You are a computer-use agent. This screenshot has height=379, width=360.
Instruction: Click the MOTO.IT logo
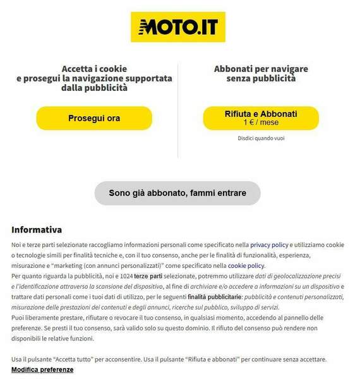[177, 27]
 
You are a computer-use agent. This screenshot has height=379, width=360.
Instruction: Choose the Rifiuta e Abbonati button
[260, 117]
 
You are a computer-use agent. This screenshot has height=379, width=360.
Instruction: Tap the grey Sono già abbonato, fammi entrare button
[177, 193]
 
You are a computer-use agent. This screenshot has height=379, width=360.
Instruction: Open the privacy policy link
[269, 244]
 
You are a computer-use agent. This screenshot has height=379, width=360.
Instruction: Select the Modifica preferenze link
[42, 370]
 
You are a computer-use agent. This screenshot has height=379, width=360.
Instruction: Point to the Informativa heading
[37, 229]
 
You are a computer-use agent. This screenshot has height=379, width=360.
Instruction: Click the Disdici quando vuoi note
[261, 138]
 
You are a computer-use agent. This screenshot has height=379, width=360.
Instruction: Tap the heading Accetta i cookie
[94, 68]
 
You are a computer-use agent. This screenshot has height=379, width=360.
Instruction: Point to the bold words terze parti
[148, 277]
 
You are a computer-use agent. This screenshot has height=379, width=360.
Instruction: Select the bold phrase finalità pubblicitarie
[214, 297]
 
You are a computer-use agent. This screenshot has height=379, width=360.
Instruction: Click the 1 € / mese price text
[261, 123]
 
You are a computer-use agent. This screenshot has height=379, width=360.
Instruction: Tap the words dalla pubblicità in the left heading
[95, 88]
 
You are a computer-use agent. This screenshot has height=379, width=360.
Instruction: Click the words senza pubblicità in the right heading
[261, 78]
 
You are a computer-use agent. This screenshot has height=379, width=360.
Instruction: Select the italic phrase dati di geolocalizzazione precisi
[298, 277]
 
